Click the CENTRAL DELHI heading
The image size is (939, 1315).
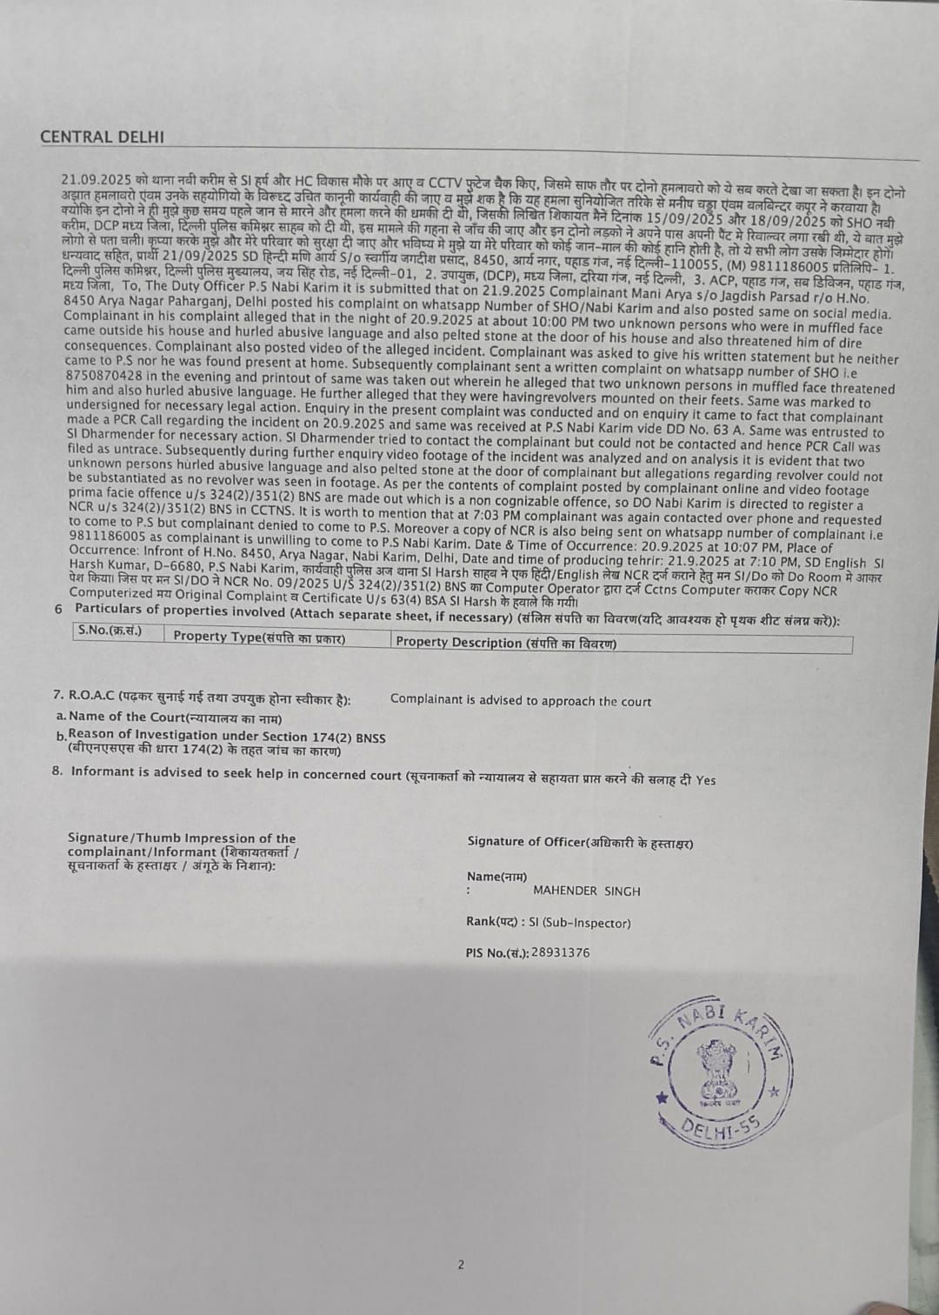(102, 137)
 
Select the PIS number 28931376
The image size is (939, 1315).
(561, 952)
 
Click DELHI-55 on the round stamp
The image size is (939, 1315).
(719, 1129)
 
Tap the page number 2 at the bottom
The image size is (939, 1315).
(461, 1265)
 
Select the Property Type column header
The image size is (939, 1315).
(259, 637)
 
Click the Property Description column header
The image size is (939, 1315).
(506, 643)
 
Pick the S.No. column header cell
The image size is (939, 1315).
(110, 631)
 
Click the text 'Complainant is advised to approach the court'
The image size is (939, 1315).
(520, 700)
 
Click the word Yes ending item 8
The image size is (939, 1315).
(706, 780)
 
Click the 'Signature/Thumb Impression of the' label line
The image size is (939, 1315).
(182, 838)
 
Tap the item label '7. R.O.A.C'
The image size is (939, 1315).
(84, 695)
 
